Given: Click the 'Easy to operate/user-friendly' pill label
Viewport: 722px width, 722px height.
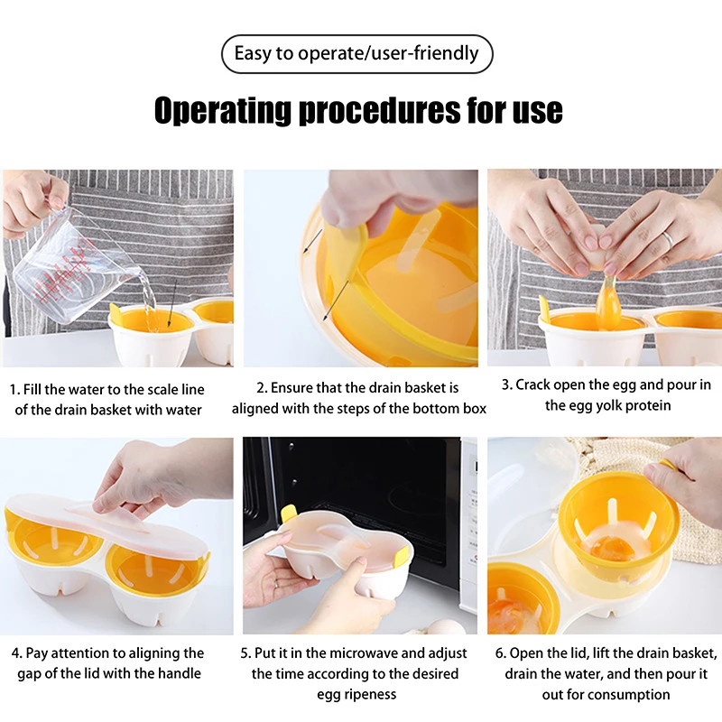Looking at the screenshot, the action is click(x=356, y=53).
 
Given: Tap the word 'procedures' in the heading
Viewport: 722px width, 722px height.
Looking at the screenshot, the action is click(x=379, y=110).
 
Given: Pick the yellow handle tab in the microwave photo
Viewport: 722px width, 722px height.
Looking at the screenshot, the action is click(x=288, y=513).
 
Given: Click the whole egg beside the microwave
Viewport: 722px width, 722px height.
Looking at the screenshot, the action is click(x=443, y=626).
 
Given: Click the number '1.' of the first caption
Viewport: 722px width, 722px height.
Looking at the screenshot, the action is click(x=14, y=390).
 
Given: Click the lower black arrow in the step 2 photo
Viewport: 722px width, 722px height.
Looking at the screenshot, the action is click(x=336, y=301).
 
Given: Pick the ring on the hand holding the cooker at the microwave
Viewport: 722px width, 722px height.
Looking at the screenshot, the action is click(x=276, y=583).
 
